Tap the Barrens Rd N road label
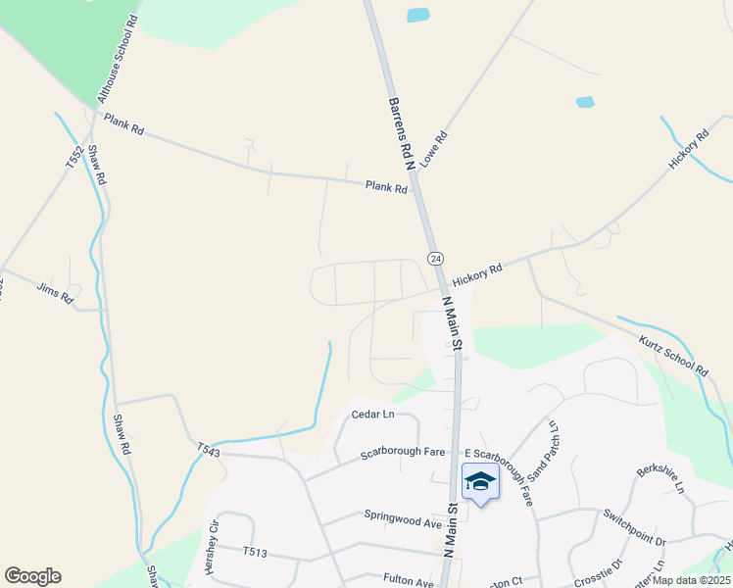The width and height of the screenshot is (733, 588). click(x=400, y=131)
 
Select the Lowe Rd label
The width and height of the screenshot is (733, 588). click(x=434, y=147)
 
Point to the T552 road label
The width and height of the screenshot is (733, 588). click(x=73, y=159)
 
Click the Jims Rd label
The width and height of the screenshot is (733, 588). click(x=55, y=292)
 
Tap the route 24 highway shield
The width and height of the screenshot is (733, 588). click(x=435, y=258)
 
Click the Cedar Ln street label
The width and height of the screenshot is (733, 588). click(x=372, y=415)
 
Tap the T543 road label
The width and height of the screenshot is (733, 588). click(x=208, y=449)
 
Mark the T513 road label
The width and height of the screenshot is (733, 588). click(x=255, y=551)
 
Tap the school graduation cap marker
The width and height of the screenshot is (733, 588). click(x=480, y=481)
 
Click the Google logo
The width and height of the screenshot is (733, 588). click(x=32, y=576)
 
